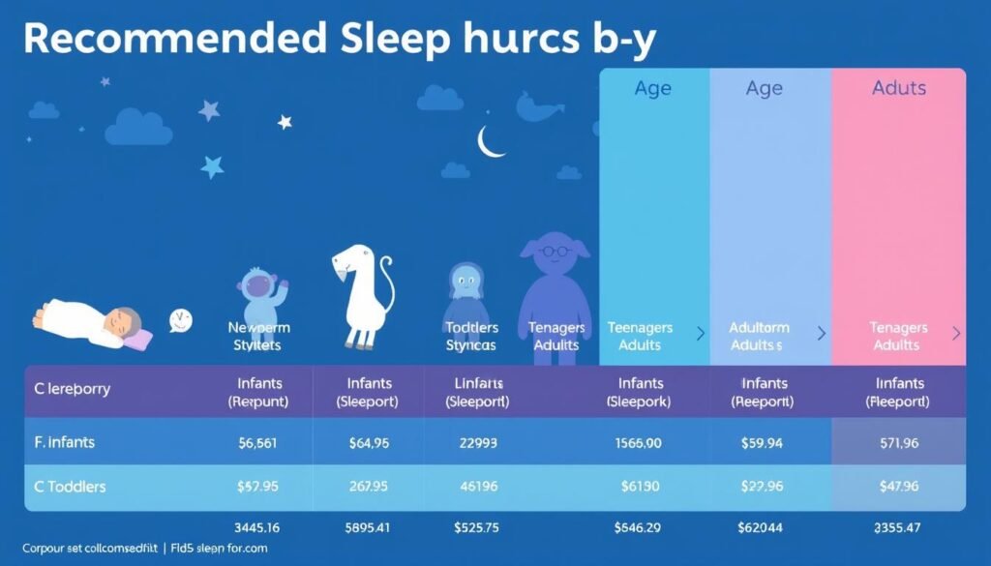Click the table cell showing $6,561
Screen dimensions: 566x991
click(x=257, y=443)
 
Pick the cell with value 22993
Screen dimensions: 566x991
click(x=476, y=443)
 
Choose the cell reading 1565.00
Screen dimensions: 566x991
click(x=639, y=443)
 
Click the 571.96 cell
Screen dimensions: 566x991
click(x=899, y=443)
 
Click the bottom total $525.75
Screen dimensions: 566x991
click(x=476, y=528)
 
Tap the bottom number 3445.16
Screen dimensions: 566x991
click(x=257, y=528)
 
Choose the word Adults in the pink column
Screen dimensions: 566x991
click(x=899, y=88)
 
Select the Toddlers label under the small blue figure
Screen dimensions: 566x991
click(x=472, y=328)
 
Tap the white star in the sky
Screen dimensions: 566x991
click(x=285, y=122)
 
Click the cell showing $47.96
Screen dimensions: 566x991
click(x=899, y=486)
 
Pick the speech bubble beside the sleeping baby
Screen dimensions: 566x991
click(x=181, y=320)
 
